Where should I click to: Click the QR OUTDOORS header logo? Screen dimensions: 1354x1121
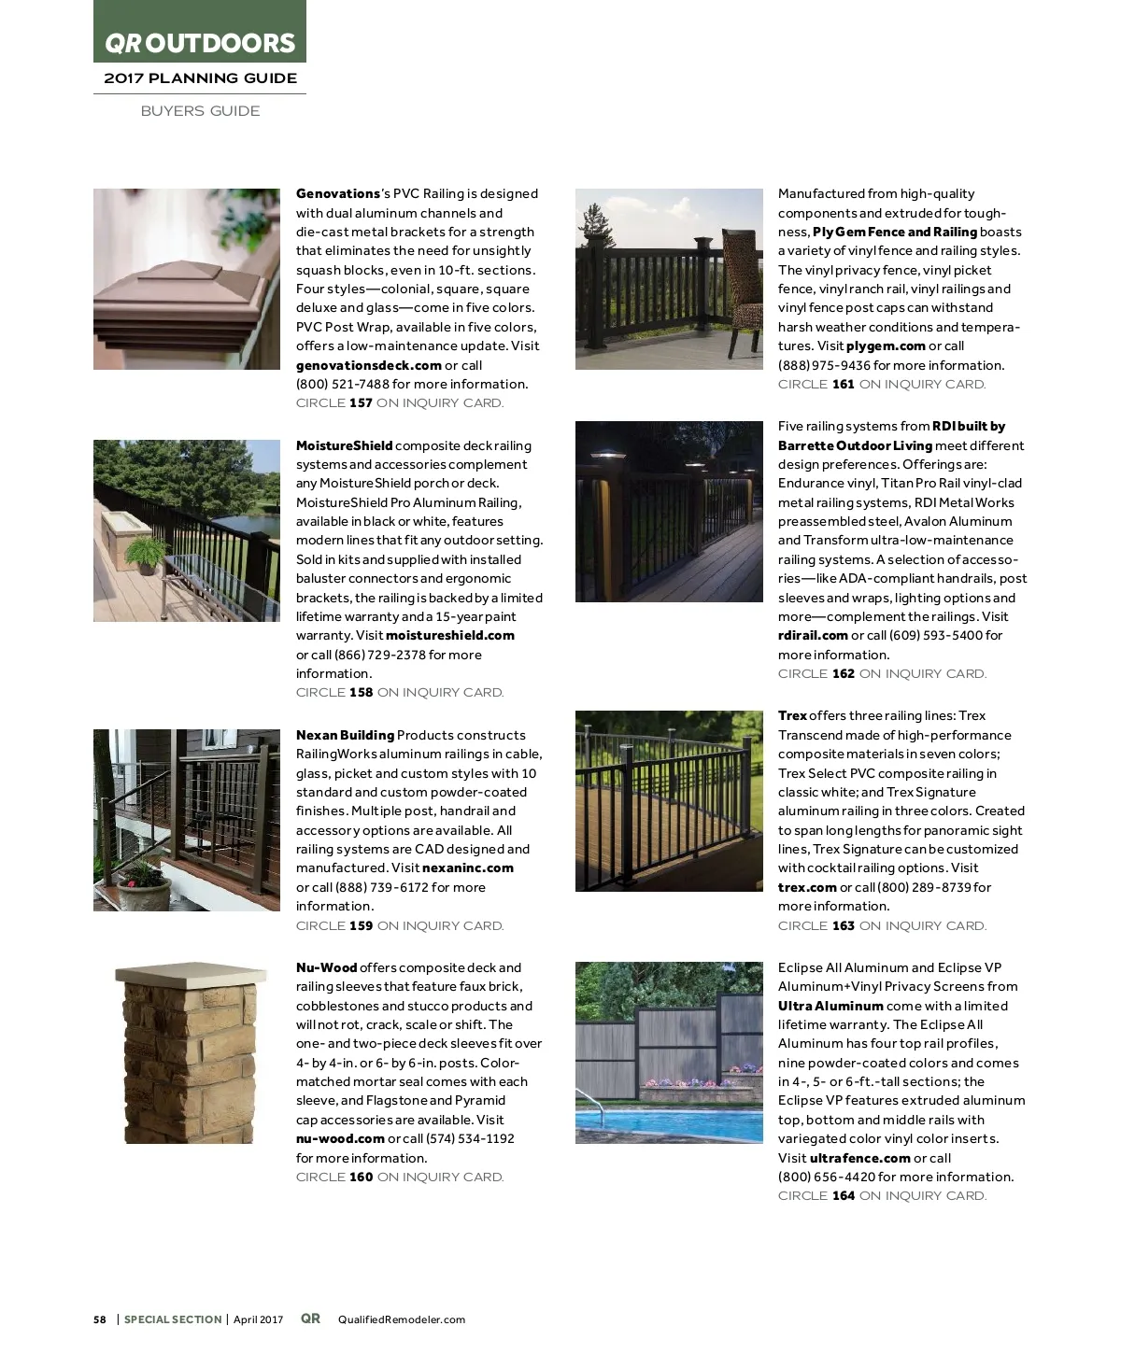coord(199,43)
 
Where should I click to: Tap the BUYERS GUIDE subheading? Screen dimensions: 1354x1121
coord(200,111)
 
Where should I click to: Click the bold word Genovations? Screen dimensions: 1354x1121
coord(338,193)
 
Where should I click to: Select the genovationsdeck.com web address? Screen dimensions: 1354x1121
coord(368,365)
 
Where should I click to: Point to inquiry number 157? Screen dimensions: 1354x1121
coord(361,403)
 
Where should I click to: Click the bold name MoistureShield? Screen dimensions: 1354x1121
coord(344,445)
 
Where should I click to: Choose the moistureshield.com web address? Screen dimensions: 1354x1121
coord(449,635)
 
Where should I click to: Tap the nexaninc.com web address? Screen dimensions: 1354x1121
coord(467,867)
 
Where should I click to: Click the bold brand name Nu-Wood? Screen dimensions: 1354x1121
coord(326,967)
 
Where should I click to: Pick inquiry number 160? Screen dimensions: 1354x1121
coord(361,1177)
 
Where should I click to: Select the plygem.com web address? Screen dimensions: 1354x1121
coord(886,346)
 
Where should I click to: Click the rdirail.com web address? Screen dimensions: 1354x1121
coord(813,635)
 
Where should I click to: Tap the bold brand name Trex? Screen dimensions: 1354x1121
coord(792,715)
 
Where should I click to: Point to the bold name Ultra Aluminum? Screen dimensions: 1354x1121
coord(830,1006)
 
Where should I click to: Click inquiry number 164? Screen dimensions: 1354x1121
coord(844,1195)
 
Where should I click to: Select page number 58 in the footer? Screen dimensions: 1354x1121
coord(100,1319)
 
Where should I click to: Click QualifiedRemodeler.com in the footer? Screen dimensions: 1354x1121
coord(401,1319)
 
